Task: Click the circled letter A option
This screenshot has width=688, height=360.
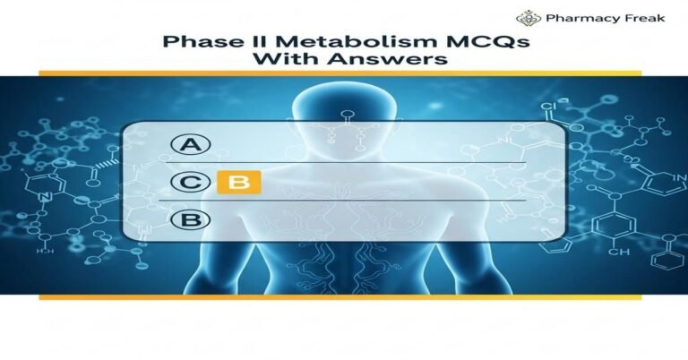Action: pyautogui.click(x=190, y=145)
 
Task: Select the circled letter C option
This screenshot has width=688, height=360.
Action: pyautogui.click(x=190, y=183)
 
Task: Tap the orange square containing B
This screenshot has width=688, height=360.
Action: pyautogui.click(x=238, y=183)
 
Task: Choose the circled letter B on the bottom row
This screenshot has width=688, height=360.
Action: pyautogui.click(x=190, y=219)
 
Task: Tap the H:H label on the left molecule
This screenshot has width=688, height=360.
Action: pyautogui.click(x=42, y=253)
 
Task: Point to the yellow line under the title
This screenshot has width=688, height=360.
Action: pyautogui.click(x=343, y=73)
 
